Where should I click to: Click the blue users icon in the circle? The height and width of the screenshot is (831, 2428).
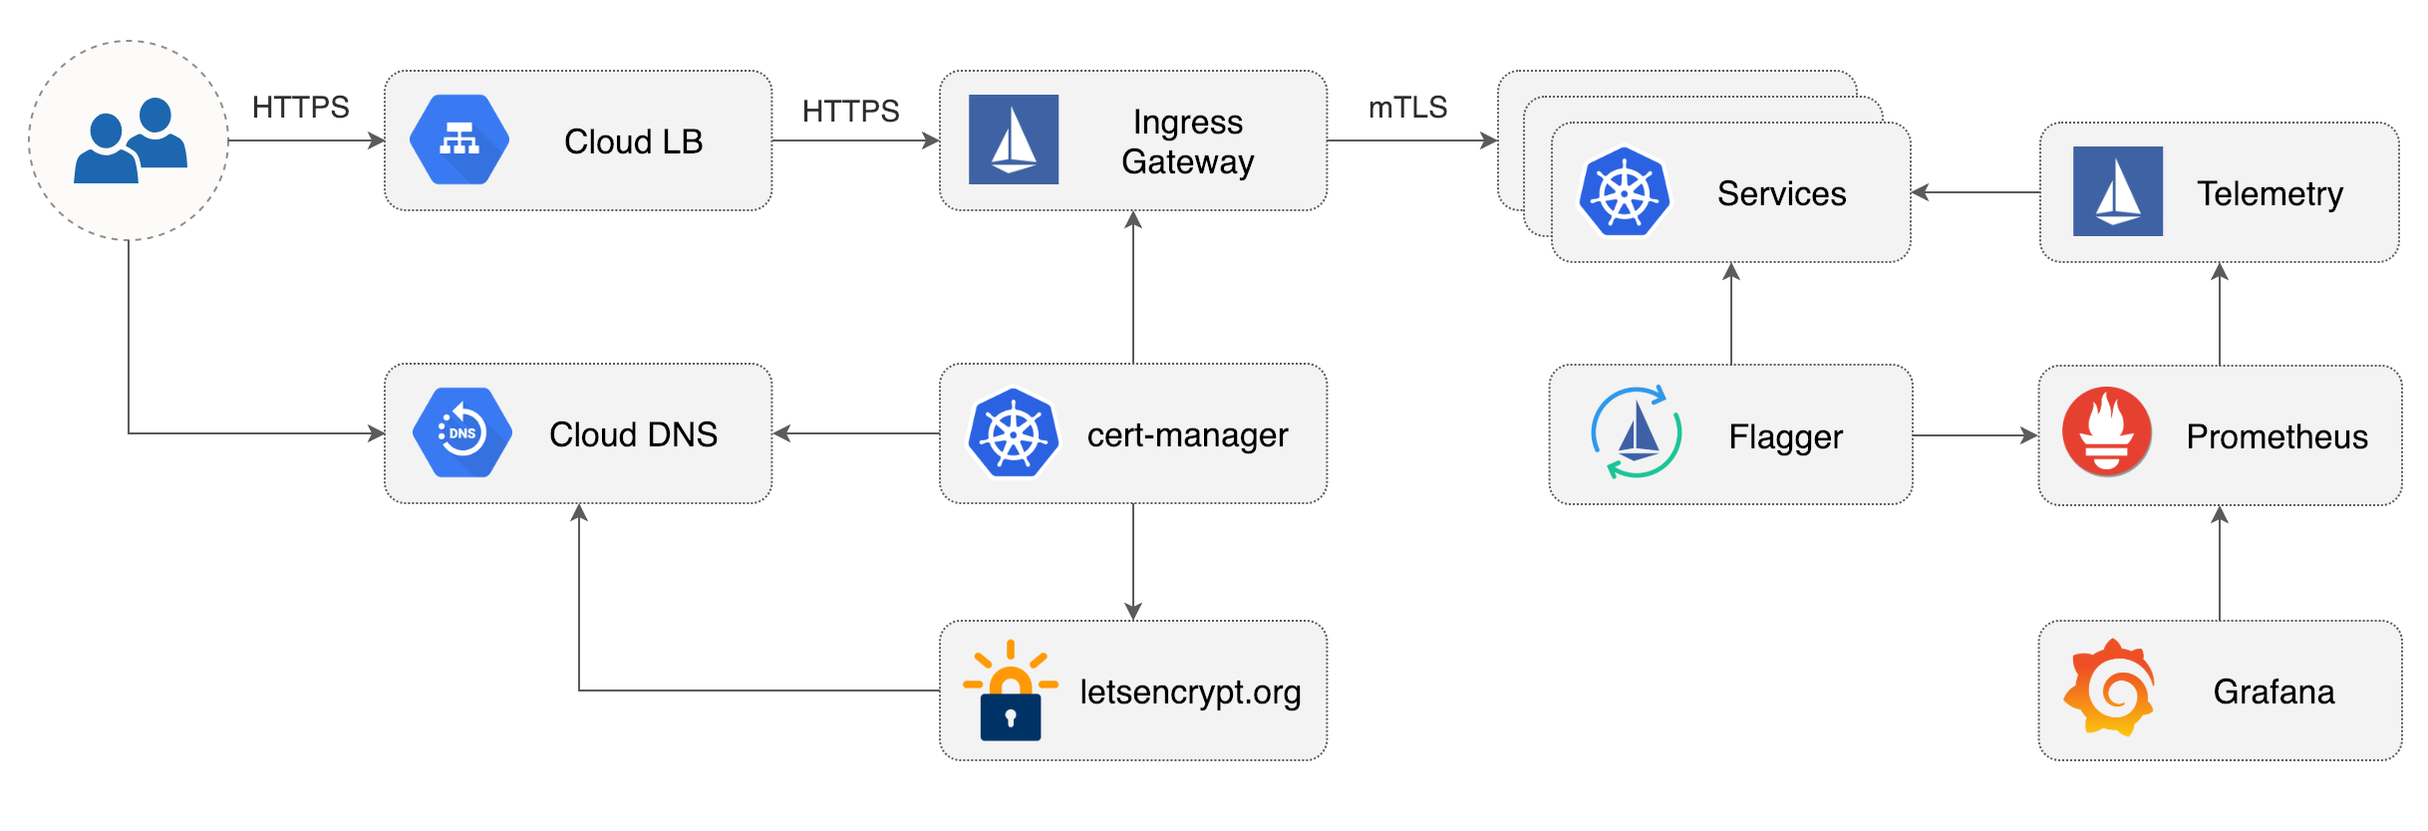pos(131,140)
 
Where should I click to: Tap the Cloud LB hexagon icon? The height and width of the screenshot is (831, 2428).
pos(459,139)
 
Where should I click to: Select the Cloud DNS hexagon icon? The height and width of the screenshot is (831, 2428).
pos(461,432)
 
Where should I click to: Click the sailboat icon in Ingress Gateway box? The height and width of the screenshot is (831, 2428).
pos(1014,139)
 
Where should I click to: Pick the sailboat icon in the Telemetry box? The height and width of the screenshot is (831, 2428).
pos(2117,191)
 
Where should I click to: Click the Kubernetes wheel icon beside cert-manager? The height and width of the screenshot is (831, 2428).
pos(1014,433)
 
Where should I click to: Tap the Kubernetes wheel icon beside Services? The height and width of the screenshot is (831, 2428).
pos(1624,192)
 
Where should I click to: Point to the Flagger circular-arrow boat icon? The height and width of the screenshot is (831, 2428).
pos(1636,433)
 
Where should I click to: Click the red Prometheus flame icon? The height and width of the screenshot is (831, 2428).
pos(2106,432)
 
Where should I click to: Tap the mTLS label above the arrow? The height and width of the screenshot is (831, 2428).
pos(1406,108)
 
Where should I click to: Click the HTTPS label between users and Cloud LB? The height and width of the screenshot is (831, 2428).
pos(300,108)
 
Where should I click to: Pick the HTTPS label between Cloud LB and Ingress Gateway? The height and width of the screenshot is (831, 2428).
pos(850,111)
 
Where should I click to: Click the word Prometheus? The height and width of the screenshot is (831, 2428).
pos(2276,436)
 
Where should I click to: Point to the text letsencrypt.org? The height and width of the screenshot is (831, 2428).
pos(1190,692)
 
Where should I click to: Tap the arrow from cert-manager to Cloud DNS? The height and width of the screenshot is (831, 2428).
pos(856,433)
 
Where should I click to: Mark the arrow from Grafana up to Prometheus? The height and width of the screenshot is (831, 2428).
pos(2220,563)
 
